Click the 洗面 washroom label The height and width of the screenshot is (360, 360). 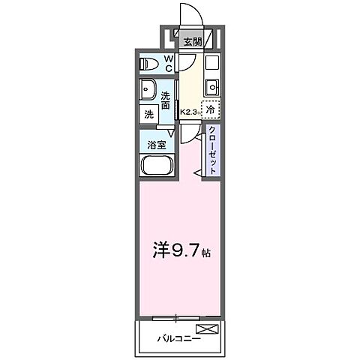pos(166,100)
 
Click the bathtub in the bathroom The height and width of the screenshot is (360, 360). pos(157,167)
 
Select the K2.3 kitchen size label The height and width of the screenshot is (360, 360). pos(188,112)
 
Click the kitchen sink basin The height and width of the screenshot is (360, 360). pos(211,83)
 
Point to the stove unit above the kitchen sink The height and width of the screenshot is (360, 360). pos(211,61)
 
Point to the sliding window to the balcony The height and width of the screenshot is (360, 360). pos(178,317)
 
